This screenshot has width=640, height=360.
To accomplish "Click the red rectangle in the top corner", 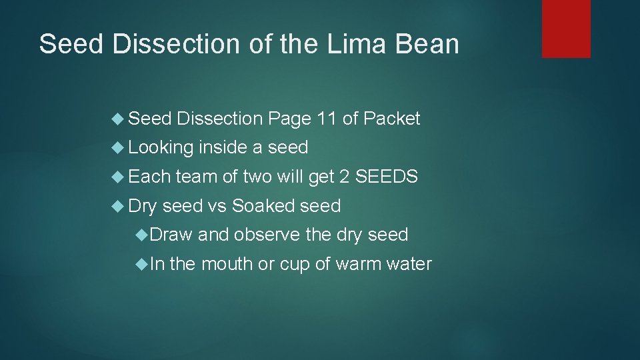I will click(566, 28).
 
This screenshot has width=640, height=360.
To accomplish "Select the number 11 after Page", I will click(327, 119).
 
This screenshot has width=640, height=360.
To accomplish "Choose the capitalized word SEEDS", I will click(387, 177).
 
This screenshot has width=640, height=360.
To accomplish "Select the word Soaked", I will click(263, 206).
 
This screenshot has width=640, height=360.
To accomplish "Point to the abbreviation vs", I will click(217, 206).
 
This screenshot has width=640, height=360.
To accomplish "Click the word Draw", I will click(171, 235).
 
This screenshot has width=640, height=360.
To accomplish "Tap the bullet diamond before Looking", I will click(119, 148).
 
